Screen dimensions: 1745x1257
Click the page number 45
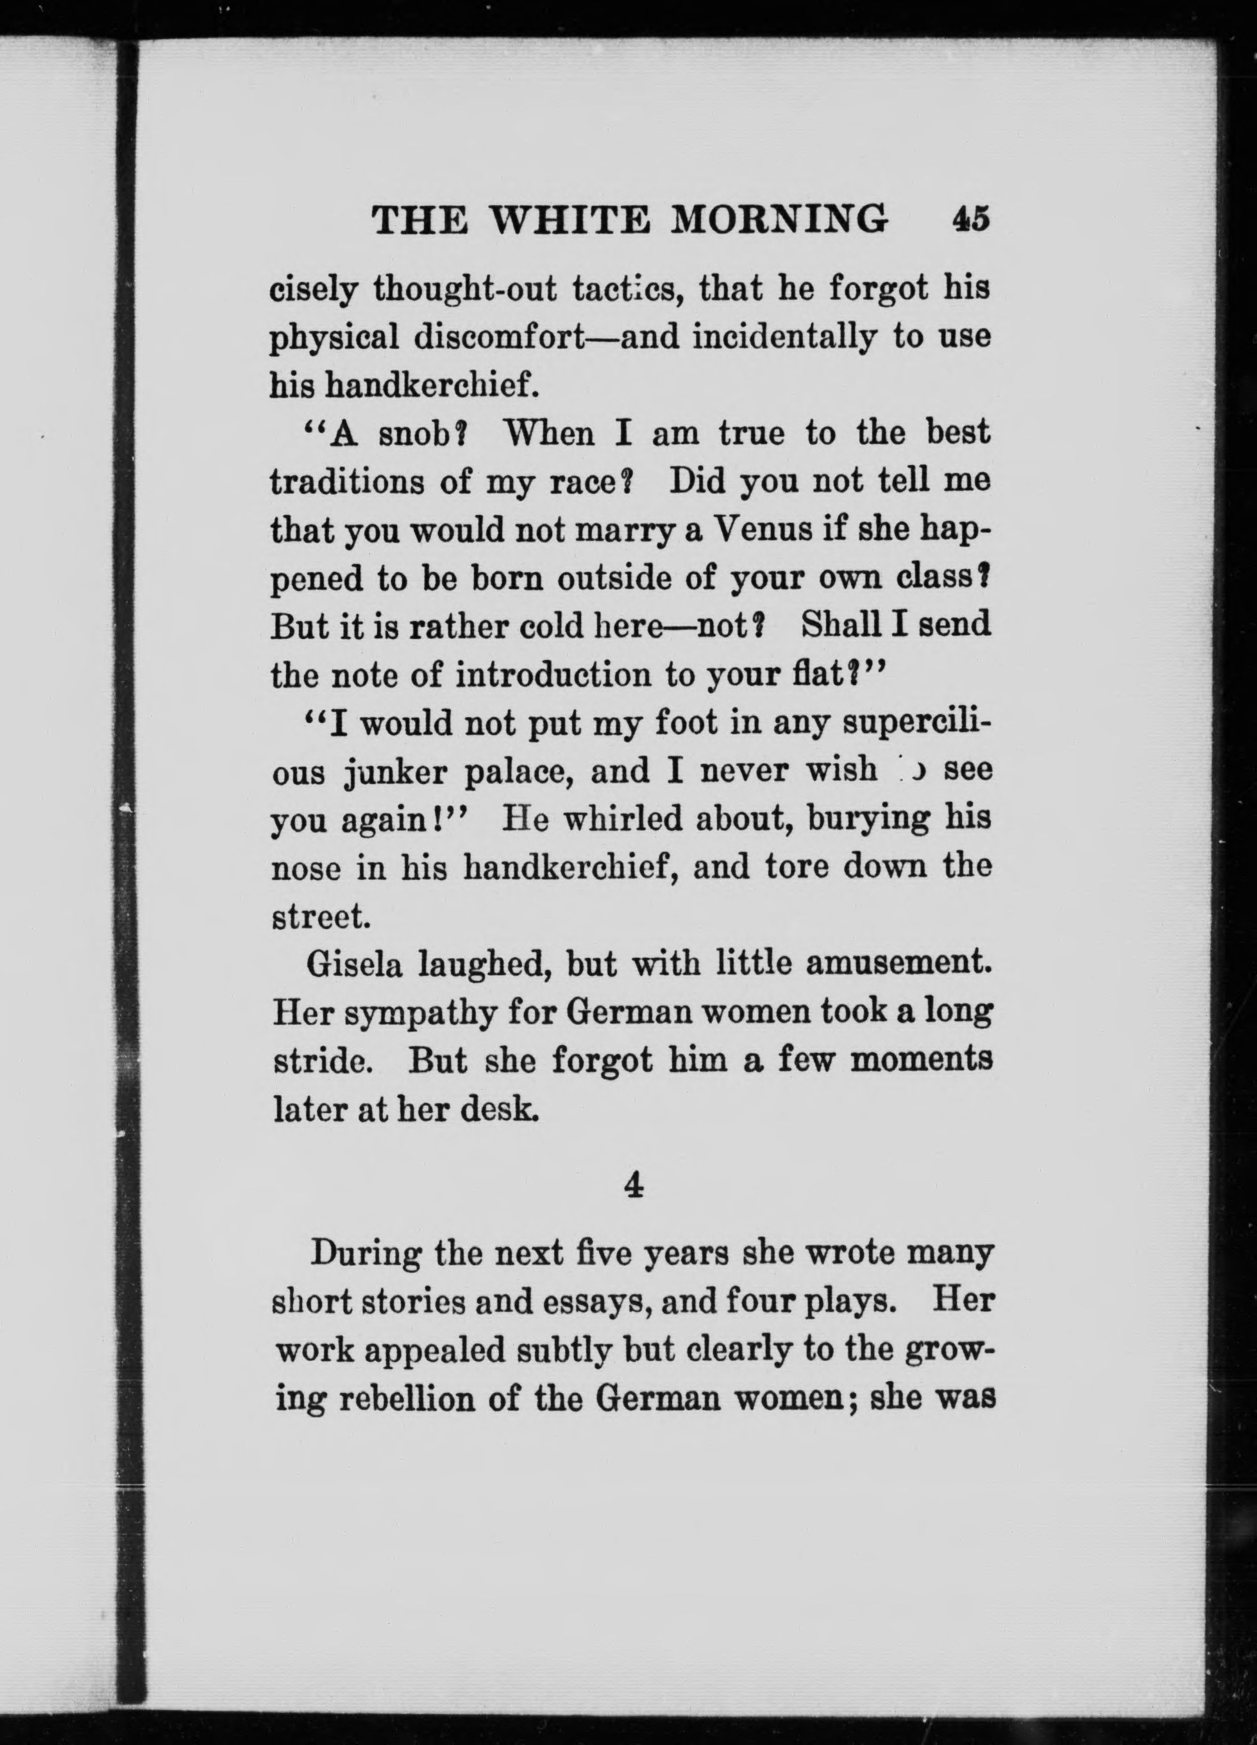[971, 220]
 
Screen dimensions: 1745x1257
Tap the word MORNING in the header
[780, 221]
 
